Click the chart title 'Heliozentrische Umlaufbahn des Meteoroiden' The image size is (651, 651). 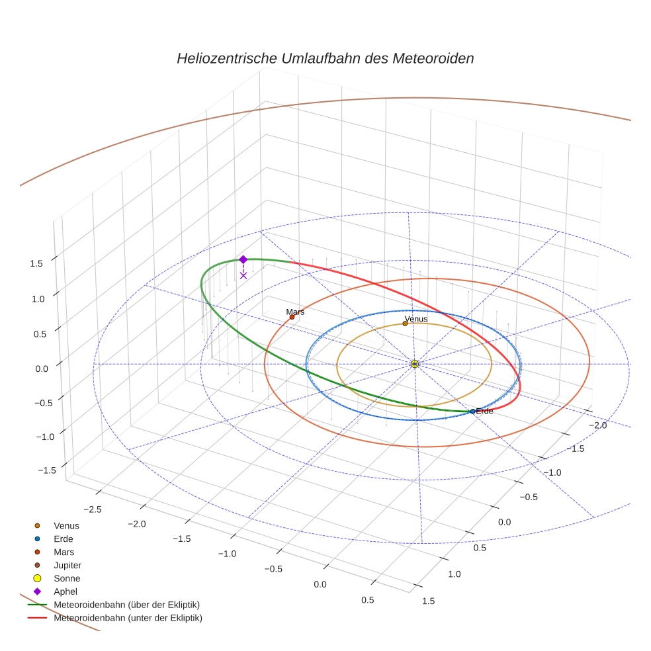(325, 58)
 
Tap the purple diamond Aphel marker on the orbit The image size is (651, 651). (243, 259)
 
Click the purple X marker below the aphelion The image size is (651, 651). (243, 275)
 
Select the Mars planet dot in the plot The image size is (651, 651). (292, 317)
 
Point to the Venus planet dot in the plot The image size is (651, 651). (405, 324)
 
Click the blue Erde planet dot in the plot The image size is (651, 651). (472, 412)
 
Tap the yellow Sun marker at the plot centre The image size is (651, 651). (414, 364)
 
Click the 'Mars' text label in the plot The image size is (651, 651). (295, 311)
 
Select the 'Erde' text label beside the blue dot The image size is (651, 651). (485, 412)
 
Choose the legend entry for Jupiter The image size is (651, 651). (67, 565)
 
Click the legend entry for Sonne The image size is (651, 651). (67, 578)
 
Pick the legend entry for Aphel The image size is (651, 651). (65, 591)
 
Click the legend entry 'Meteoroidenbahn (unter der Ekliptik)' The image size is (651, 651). (128, 618)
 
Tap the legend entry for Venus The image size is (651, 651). (66, 525)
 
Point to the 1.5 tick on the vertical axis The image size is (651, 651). (36, 263)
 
